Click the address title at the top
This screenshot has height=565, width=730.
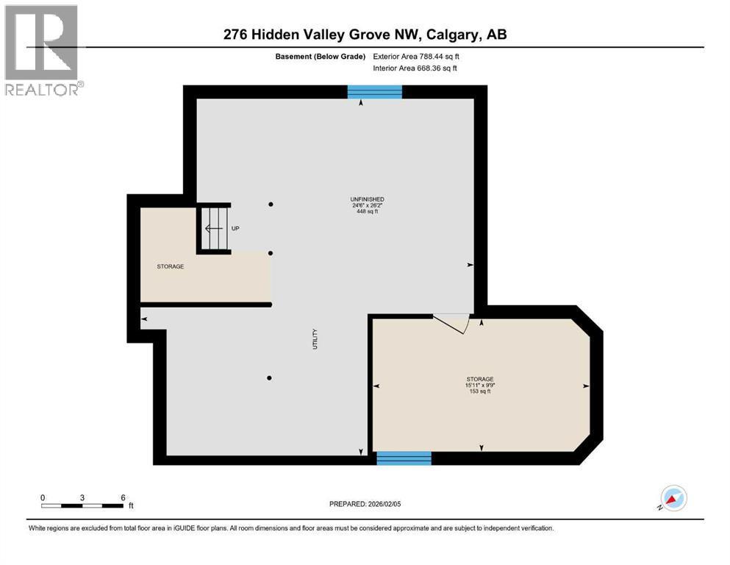(365, 35)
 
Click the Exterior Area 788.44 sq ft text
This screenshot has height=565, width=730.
(415, 56)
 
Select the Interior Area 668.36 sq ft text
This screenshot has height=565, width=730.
(415, 68)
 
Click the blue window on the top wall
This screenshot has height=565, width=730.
(375, 92)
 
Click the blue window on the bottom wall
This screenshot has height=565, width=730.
(404, 458)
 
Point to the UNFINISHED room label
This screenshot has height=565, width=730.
(367, 199)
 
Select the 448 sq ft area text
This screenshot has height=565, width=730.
(367, 211)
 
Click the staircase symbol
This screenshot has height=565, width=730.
(214, 228)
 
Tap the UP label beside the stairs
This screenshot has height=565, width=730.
(236, 228)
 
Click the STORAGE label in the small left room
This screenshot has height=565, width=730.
(170, 266)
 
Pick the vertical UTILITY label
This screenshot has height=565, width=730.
(315, 338)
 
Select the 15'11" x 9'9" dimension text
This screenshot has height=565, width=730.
(479, 385)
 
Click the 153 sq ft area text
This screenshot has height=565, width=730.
(479, 391)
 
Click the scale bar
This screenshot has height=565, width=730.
(82, 505)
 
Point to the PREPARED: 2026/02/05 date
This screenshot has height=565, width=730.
(365, 504)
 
